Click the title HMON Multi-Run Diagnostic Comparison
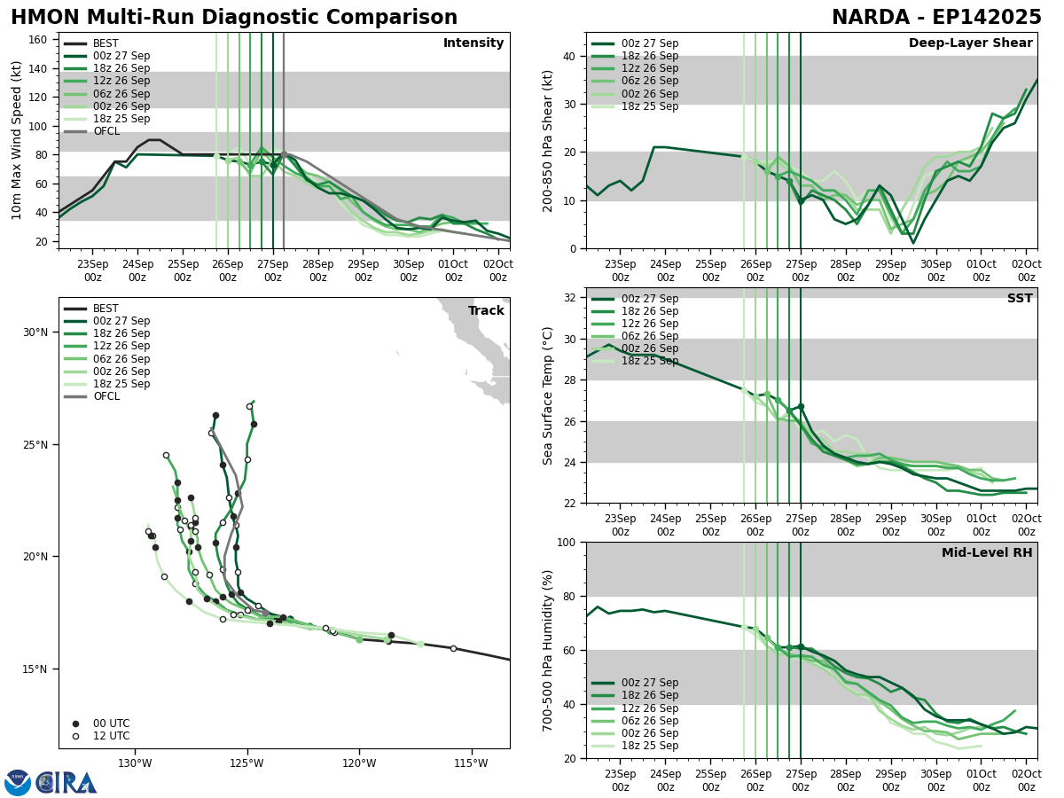click(x=234, y=18)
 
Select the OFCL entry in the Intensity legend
click(x=106, y=131)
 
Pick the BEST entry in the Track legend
click(x=106, y=309)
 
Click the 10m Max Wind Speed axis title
click(x=17, y=140)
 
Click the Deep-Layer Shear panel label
click(x=970, y=43)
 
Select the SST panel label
click(x=1019, y=299)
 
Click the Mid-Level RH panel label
click(x=986, y=553)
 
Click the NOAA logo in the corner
click(x=18, y=782)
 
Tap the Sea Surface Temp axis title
click(x=549, y=395)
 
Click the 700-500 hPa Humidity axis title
click(x=549, y=650)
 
